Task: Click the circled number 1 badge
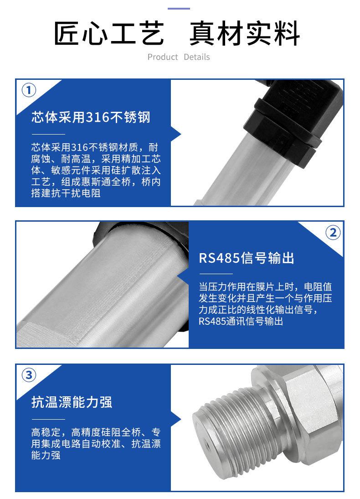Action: (x=29, y=90)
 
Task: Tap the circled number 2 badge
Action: (x=332, y=232)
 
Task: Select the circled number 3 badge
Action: (x=29, y=375)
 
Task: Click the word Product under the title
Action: (x=163, y=57)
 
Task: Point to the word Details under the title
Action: (x=197, y=57)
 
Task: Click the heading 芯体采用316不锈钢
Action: (x=91, y=117)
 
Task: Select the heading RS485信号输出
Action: (x=247, y=258)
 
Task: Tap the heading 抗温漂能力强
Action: (x=72, y=402)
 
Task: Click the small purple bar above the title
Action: (x=179, y=9)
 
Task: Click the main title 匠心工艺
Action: (x=109, y=34)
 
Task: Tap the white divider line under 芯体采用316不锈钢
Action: (x=48, y=135)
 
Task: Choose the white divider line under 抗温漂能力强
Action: (x=48, y=418)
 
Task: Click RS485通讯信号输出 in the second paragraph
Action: (x=241, y=322)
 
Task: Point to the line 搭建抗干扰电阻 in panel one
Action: (x=66, y=193)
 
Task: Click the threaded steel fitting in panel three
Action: (x=228, y=433)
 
